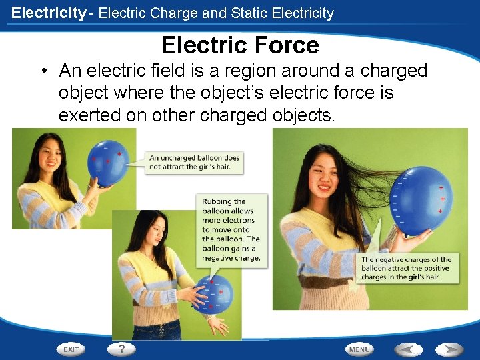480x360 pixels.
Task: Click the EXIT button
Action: coord(71,349)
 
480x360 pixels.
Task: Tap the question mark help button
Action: coord(121,349)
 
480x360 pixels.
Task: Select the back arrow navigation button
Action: coord(407,349)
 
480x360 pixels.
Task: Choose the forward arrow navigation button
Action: coord(449,349)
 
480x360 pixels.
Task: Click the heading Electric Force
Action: coord(240,45)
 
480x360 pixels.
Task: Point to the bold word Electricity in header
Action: coord(49,13)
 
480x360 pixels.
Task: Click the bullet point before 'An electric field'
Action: coord(43,71)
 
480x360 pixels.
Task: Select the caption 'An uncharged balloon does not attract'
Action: coord(194,162)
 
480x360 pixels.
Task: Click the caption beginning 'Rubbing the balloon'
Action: coord(231,229)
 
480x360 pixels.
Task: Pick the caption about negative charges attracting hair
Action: coord(405,268)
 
